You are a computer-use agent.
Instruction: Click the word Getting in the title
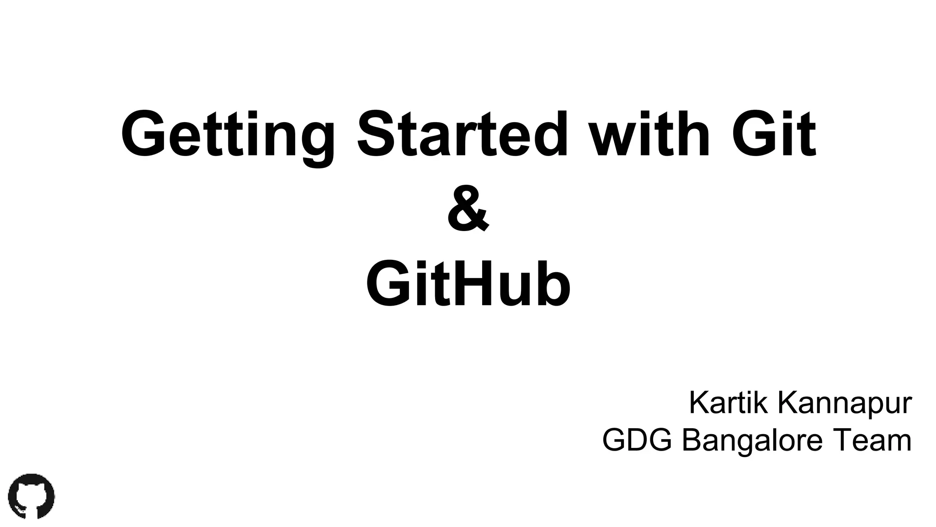click(227, 135)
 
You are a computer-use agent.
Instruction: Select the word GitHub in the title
click(468, 284)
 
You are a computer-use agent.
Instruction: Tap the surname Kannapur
click(845, 403)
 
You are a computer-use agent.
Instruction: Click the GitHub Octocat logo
click(31, 496)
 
